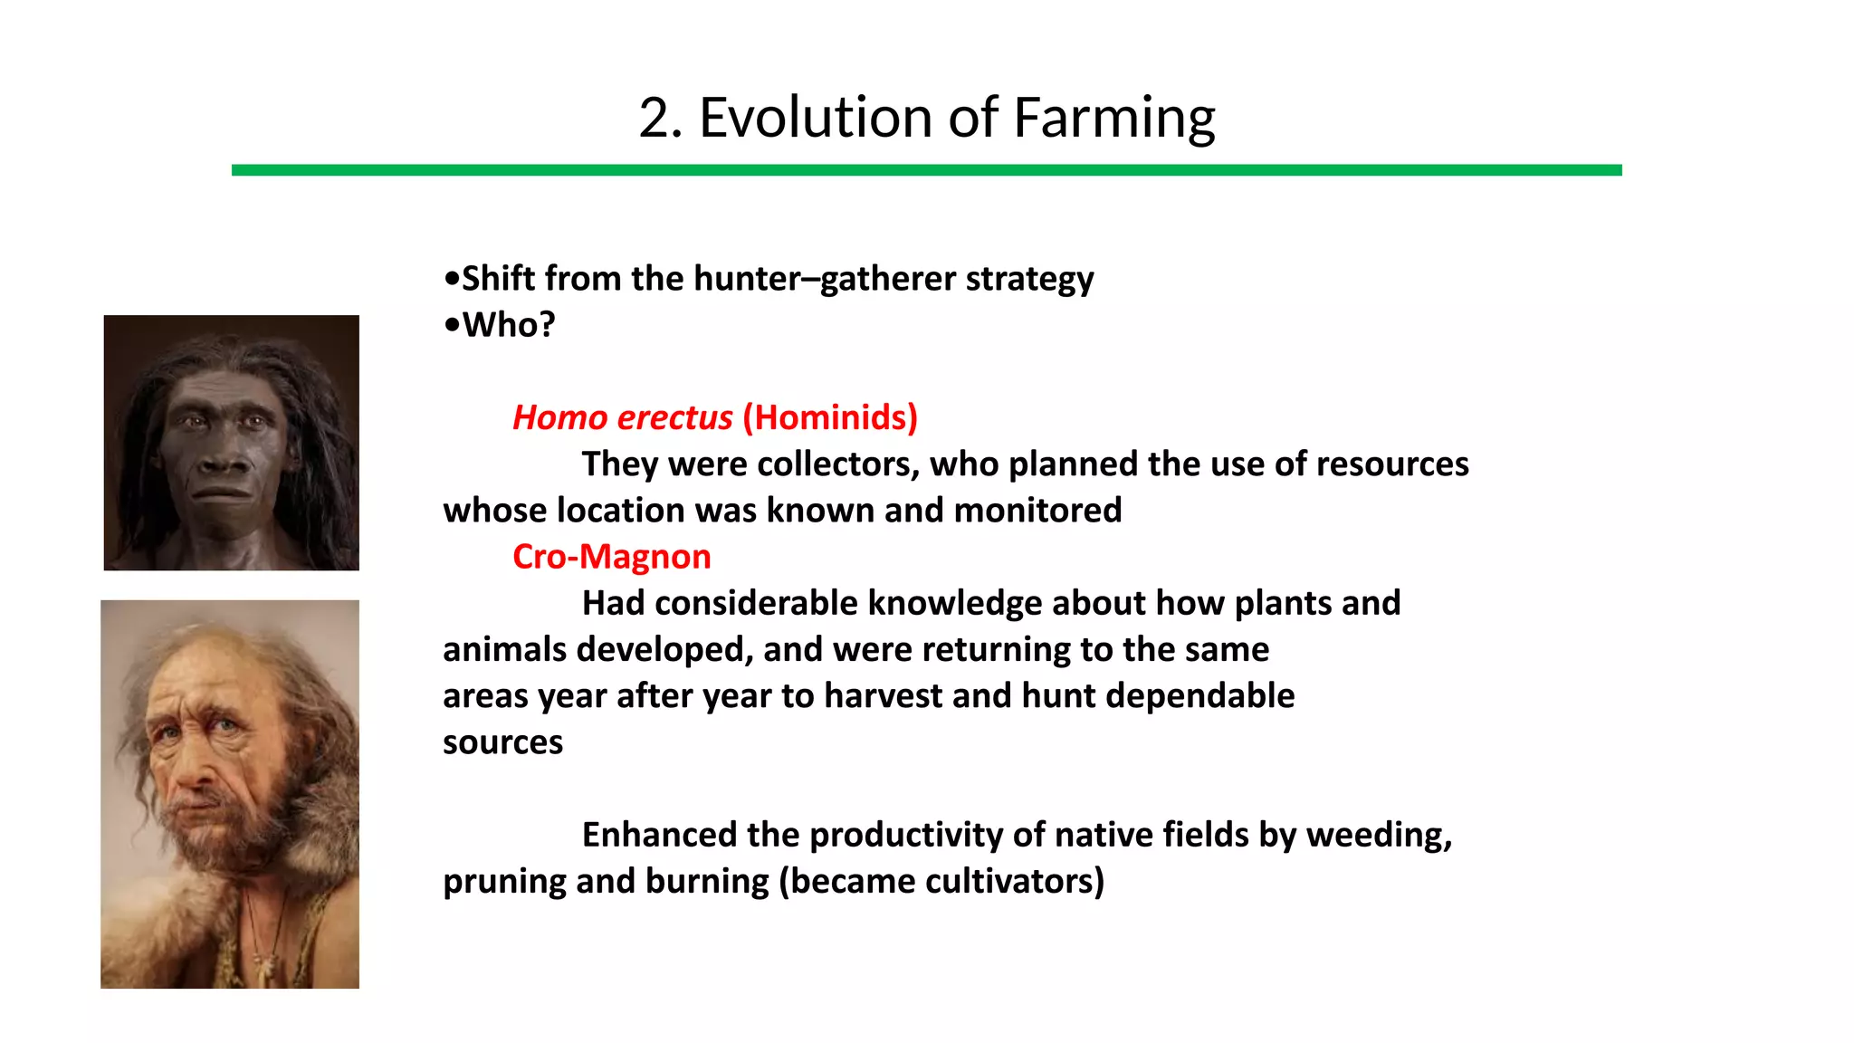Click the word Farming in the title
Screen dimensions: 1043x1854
point(1113,119)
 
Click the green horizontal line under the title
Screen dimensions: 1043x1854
point(926,170)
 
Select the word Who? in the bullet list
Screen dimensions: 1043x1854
point(509,325)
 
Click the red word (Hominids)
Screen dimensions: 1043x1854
point(830,417)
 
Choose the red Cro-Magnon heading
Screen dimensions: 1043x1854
point(612,557)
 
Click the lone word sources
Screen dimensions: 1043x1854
point(502,742)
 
